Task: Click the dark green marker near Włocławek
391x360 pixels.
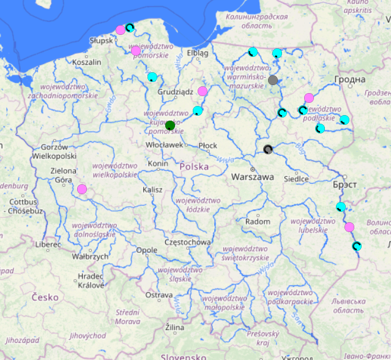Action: pos(170,126)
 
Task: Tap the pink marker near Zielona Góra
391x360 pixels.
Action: pos(82,189)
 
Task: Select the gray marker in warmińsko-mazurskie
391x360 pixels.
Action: pos(273,80)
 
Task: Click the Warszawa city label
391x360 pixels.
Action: pos(253,177)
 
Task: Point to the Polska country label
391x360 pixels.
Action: pos(194,166)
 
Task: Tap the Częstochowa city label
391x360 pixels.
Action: pos(188,242)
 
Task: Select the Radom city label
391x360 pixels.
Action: pos(258,221)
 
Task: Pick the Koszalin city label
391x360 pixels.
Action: pos(87,62)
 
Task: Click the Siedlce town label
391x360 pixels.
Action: pos(296,179)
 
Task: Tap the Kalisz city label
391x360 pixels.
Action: pos(152,190)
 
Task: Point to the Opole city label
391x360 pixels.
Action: pos(147,250)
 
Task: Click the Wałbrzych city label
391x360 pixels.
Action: pos(91,257)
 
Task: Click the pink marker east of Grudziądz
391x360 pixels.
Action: pos(203,91)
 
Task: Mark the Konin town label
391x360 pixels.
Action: pos(158,164)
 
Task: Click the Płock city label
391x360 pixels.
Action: pos(208,145)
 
